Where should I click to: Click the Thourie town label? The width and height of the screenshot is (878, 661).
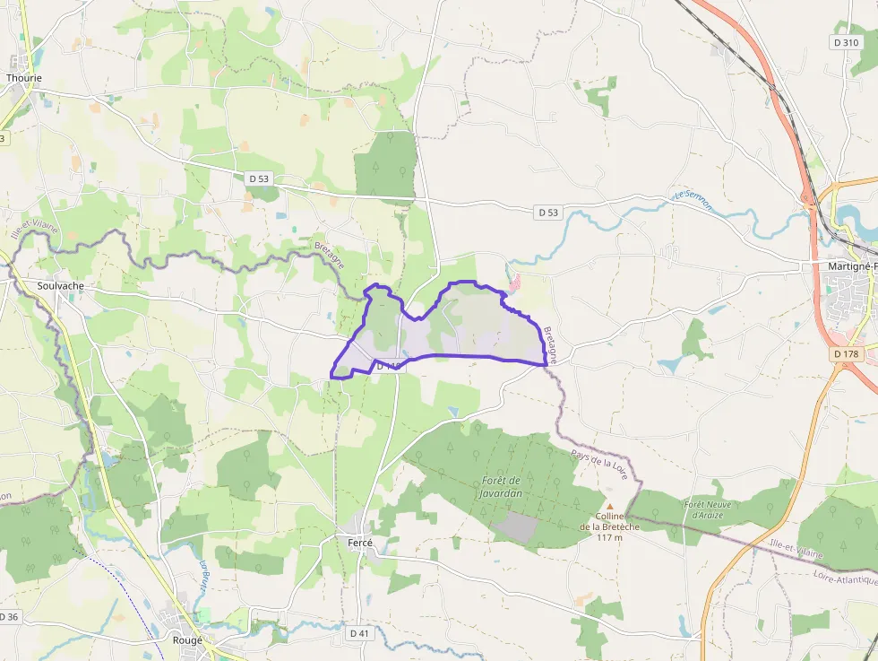pos(24,78)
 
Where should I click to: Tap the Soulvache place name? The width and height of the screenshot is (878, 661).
pos(61,285)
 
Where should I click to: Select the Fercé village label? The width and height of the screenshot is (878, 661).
pos(359,543)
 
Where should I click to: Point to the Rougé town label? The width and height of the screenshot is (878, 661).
pos(187,640)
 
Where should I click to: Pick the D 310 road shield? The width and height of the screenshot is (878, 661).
pos(847,42)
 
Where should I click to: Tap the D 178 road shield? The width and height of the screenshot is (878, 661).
pos(846,354)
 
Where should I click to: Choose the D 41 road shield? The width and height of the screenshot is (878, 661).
pos(359,633)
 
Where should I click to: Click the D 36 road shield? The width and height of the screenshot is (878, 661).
pos(9,616)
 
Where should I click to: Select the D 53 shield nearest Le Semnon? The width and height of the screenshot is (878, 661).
pos(548,213)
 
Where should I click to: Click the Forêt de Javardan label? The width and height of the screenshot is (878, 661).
pos(501,487)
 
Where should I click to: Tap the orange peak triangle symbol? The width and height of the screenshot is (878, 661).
pos(610,506)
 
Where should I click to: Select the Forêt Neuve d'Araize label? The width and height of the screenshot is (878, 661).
pos(708,509)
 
